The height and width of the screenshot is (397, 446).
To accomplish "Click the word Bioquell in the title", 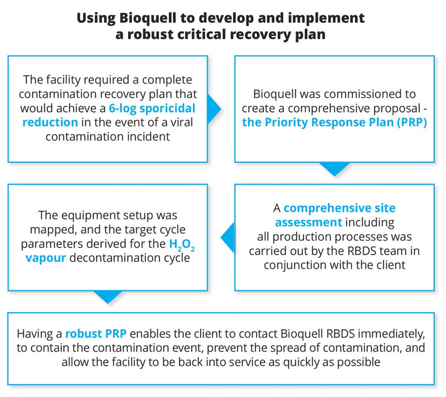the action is click(x=148, y=18).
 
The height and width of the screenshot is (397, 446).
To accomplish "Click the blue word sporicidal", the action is click(x=167, y=108).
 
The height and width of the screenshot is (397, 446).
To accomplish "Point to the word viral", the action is click(x=182, y=122).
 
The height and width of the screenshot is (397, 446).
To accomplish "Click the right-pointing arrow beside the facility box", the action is click(x=214, y=109).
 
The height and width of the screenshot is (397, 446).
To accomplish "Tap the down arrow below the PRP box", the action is click(x=334, y=169).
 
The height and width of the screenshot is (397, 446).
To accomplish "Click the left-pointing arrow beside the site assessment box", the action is click(x=228, y=237).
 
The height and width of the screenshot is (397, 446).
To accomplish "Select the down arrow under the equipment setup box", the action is click(x=108, y=297).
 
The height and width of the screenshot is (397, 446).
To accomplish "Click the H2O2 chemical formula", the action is click(x=182, y=245).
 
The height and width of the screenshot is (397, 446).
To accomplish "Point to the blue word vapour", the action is click(x=46, y=258).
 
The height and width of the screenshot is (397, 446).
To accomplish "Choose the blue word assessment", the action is click(x=309, y=222).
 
